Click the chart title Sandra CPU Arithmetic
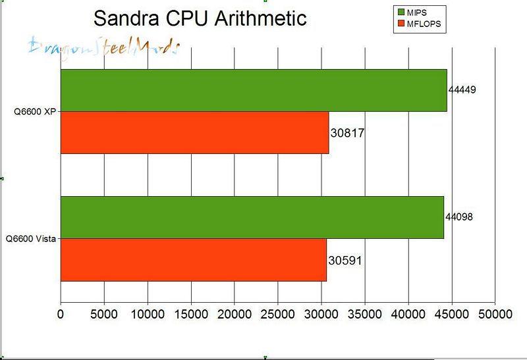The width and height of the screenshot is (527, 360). point(200,18)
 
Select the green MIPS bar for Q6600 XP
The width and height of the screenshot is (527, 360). point(254,90)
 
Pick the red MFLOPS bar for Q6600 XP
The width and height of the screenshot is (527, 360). point(194,132)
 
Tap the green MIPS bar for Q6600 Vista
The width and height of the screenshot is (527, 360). point(252,217)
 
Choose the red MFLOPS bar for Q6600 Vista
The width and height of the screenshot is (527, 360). point(194,260)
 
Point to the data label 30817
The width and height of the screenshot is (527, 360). point(347,133)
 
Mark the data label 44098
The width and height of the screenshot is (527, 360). point(459,216)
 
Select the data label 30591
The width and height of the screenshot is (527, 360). point(345,261)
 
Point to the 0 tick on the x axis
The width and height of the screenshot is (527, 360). point(61,315)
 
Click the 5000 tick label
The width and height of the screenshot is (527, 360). point(104,315)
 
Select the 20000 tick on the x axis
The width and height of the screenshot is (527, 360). point(235,315)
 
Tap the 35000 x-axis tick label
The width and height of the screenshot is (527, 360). point(365,315)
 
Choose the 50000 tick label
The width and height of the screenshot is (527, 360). point(495,315)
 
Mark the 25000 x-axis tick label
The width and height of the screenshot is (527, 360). point(278,315)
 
